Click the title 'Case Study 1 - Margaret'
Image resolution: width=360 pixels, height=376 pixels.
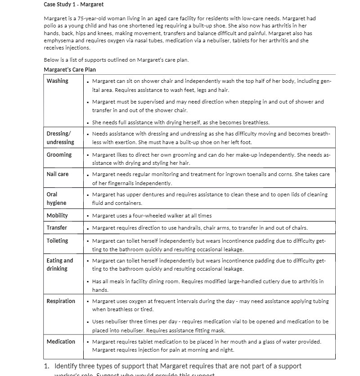tap(73, 5)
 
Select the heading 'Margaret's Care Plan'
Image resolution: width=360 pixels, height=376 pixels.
tap(70, 70)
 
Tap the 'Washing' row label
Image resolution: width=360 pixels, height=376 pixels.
tap(58, 81)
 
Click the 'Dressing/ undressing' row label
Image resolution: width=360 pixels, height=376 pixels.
tap(60, 138)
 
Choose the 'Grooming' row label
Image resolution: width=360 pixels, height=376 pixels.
tap(59, 155)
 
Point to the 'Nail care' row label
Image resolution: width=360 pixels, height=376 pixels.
tap(58, 174)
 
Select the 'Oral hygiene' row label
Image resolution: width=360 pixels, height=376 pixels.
tap(56, 199)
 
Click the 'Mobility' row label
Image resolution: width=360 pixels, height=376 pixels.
tap(57, 216)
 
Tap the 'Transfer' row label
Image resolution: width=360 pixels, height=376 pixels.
tap(57, 228)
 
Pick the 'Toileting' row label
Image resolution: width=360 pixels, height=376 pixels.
tap(58, 241)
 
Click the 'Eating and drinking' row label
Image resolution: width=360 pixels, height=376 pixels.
tap(59, 264)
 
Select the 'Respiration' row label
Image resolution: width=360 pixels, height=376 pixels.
tap(61, 301)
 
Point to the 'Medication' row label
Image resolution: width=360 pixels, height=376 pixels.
tap(61, 342)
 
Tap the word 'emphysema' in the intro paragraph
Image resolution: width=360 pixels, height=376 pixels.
tap(58, 41)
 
